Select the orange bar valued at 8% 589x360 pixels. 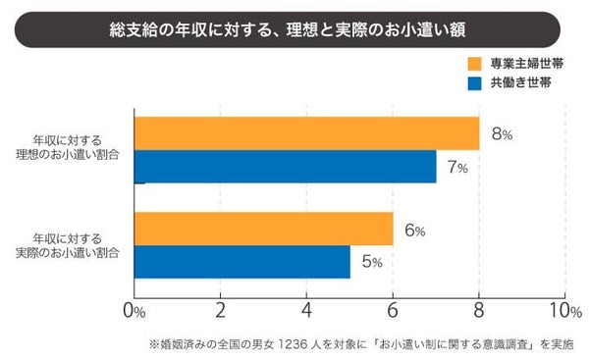(x=306, y=133)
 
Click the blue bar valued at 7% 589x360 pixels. (x=285, y=167)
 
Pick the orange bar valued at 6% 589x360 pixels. (x=263, y=230)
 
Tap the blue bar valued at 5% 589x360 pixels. (x=241, y=262)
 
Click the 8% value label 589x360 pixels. (x=501, y=134)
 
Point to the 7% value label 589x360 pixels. (x=456, y=168)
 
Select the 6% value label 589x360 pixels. (x=413, y=231)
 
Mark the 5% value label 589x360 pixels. (x=371, y=263)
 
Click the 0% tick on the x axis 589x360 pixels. (x=134, y=311)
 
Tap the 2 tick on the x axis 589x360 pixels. (x=221, y=311)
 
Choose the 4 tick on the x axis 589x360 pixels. (x=306, y=311)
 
